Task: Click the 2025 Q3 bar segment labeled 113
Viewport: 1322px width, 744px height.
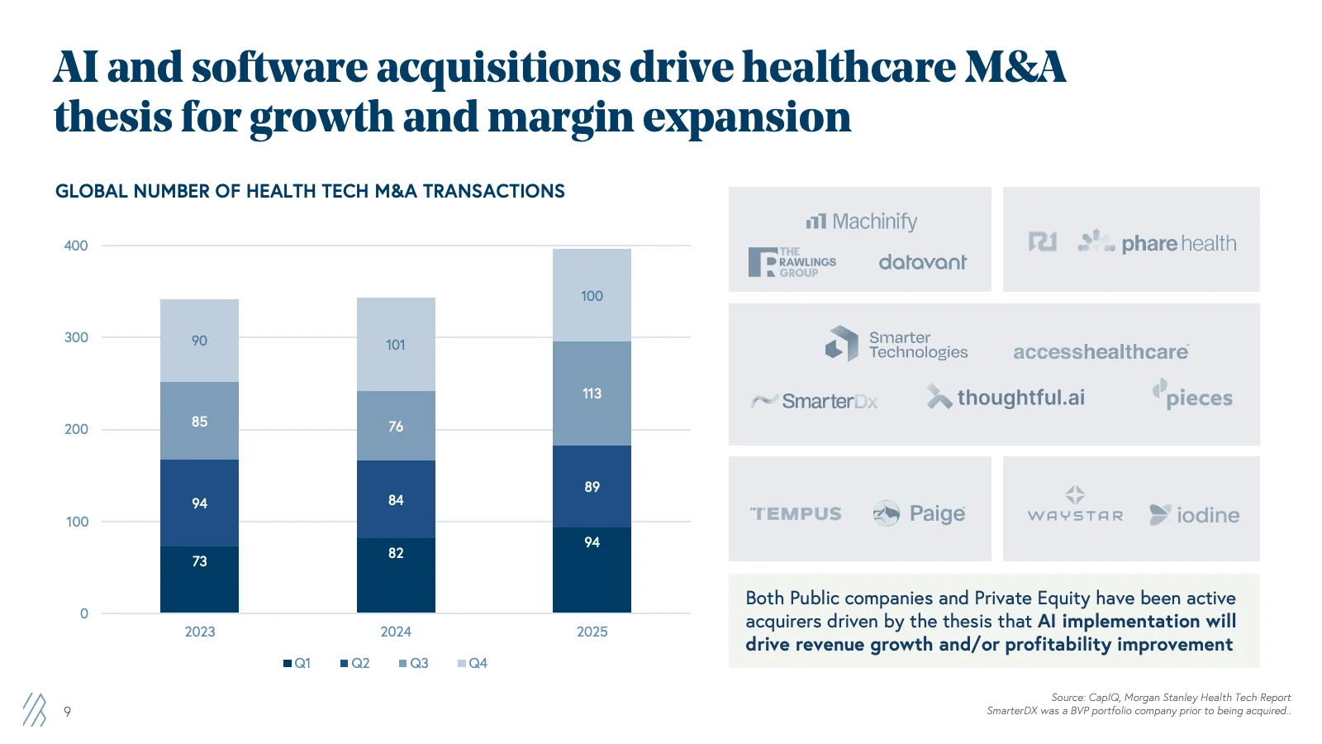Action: [x=592, y=393]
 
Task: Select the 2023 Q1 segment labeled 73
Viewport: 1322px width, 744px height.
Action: [x=199, y=579]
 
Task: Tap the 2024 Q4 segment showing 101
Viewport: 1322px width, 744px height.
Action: [x=396, y=345]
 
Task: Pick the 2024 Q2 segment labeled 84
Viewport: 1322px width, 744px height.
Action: [x=396, y=499]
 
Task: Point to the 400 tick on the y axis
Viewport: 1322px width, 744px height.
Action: [x=76, y=246]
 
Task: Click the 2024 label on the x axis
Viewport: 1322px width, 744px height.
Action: [x=396, y=632]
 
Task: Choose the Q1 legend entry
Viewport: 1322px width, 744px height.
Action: [x=297, y=663]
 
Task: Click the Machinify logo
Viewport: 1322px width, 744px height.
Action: [x=862, y=222]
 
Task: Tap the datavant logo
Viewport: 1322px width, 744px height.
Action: [x=922, y=263]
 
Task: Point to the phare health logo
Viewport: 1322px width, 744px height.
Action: [x=1157, y=243]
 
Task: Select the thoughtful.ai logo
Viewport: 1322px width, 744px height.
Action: [x=1006, y=398]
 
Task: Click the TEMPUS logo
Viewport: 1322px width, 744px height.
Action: [x=796, y=514]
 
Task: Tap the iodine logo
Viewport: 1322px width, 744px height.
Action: [x=1195, y=515]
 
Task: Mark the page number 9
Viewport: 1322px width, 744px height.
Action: [x=67, y=712]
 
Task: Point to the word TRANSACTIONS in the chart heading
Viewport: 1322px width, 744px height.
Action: [x=493, y=192]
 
